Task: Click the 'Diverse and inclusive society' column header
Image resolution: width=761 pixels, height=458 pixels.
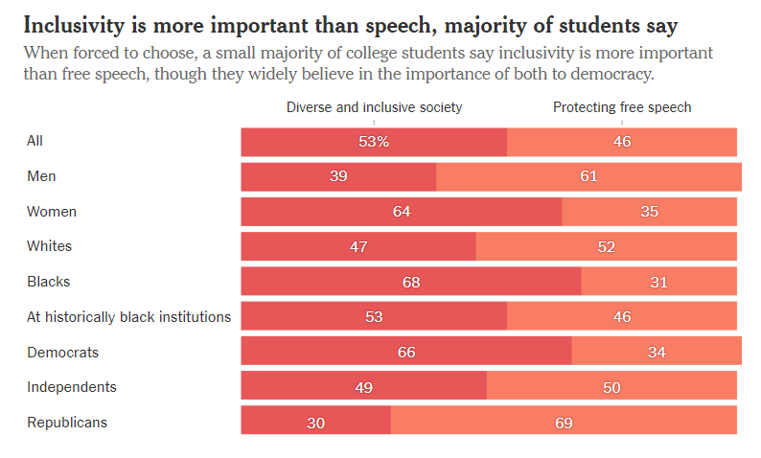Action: pyautogui.click(x=374, y=107)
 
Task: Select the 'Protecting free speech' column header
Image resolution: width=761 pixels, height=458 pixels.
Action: pyautogui.click(x=621, y=107)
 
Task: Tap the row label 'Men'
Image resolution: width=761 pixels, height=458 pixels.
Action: pyautogui.click(x=40, y=176)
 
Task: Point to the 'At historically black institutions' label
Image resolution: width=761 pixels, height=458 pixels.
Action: pyautogui.click(x=128, y=317)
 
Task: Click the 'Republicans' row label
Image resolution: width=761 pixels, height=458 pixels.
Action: pyautogui.click(x=67, y=423)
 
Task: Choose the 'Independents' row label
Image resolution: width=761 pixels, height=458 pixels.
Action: pyautogui.click(x=72, y=387)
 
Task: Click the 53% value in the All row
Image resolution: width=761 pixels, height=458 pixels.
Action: pyautogui.click(x=374, y=142)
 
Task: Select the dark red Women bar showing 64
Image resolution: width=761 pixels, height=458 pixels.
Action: pyautogui.click(x=401, y=212)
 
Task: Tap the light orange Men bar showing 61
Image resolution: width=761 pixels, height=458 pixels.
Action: pyautogui.click(x=588, y=176)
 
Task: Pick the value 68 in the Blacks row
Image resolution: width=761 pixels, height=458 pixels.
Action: pyautogui.click(x=410, y=282)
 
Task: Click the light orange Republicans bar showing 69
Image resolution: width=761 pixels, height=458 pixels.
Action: pyautogui.click(x=564, y=423)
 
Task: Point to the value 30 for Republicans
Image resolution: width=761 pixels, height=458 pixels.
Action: pyautogui.click(x=315, y=423)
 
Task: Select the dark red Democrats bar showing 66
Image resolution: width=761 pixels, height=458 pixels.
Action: pyautogui.click(x=406, y=353)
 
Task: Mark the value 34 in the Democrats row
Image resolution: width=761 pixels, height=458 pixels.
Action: pyautogui.click(x=657, y=353)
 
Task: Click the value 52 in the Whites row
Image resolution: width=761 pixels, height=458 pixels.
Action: pyautogui.click(x=606, y=247)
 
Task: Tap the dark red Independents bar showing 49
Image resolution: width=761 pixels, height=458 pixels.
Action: pyautogui.click(x=363, y=387)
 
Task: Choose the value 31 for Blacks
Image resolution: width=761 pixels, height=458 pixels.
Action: pyautogui.click(x=658, y=282)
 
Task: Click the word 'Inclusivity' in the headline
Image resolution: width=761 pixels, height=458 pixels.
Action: pyautogui.click(x=75, y=23)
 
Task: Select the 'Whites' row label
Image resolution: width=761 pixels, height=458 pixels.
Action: pyautogui.click(x=49, y=246)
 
